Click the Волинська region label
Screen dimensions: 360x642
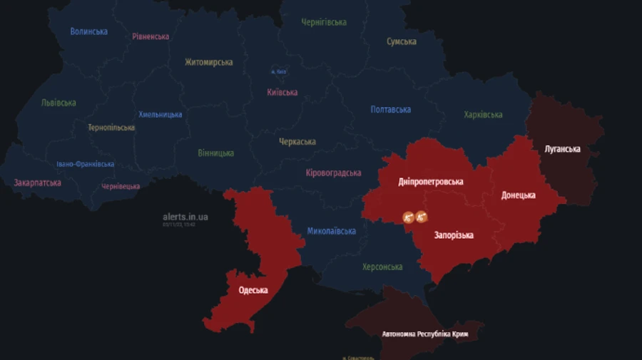point(89,31)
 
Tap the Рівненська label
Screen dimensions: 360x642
point(151,36)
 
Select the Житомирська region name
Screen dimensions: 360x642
point(208,62)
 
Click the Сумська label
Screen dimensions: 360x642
point(402,41)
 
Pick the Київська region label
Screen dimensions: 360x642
point(282,92)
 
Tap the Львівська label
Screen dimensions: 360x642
point(58,103)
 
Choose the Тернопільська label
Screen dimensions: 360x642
point(111,128)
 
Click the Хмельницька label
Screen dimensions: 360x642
point(160,114)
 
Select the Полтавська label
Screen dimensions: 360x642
point(390,110)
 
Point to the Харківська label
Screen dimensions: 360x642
point(483,115)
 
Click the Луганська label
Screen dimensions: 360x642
point(562,149)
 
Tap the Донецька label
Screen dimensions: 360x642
point(518,195)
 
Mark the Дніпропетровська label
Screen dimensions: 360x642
point(431,182)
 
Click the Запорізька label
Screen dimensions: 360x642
point(454,235)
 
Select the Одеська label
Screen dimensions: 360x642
point(253,290)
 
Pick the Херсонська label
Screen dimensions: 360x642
point(382,267)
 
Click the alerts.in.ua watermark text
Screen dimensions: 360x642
point(185,217)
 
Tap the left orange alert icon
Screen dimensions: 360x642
point(409,217)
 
